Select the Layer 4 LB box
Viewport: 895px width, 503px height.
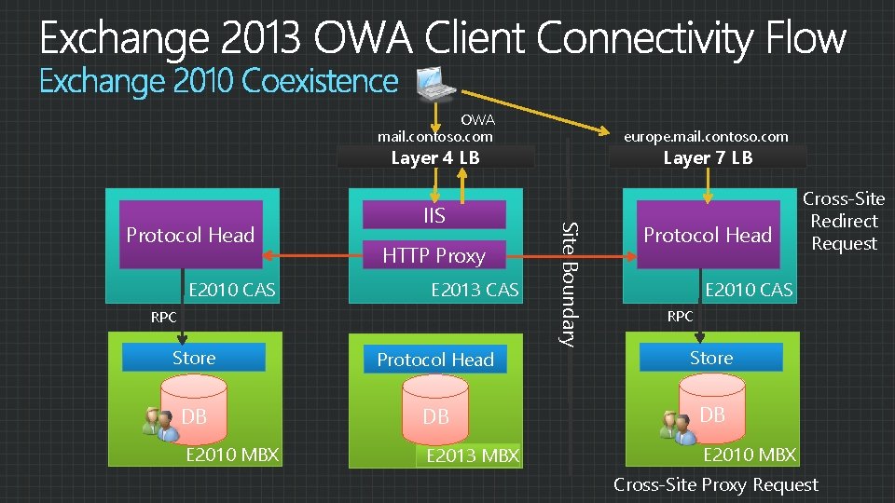pyautogui.click(x=435, y=157)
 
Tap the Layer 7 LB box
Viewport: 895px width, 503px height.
pyautogui.click(x=708, y=157)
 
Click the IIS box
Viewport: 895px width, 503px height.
pyautogui.click(x=434, y=216)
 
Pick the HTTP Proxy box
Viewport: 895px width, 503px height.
pyautogui.click(x=434, y=255)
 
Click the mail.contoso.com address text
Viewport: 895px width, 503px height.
pyautogui.click(x=434, y=136)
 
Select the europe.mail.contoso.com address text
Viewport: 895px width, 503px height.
pyautogui.click(x=708, y=136)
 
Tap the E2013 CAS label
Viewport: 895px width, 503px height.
pyautogui.click(x=475, y=290)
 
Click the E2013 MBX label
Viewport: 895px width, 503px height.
pyautogui.click(x=473, y=455)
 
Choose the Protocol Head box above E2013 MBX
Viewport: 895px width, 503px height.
pyautogui.click(x=435, y=360)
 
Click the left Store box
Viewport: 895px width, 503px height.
pyautogui.click(x=194, y=358)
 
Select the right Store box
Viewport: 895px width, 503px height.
pyautogui.click(x=711, y=358)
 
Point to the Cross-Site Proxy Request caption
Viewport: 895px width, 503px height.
pyautogui.click(x=715, y=484)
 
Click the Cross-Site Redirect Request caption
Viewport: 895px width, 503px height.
pyautogui.click(x=844, y=221)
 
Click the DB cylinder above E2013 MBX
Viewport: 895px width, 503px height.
pyautogui.click(x=435, y=416)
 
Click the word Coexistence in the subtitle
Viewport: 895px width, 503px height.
pyautogui.click(x=320, y=82)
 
